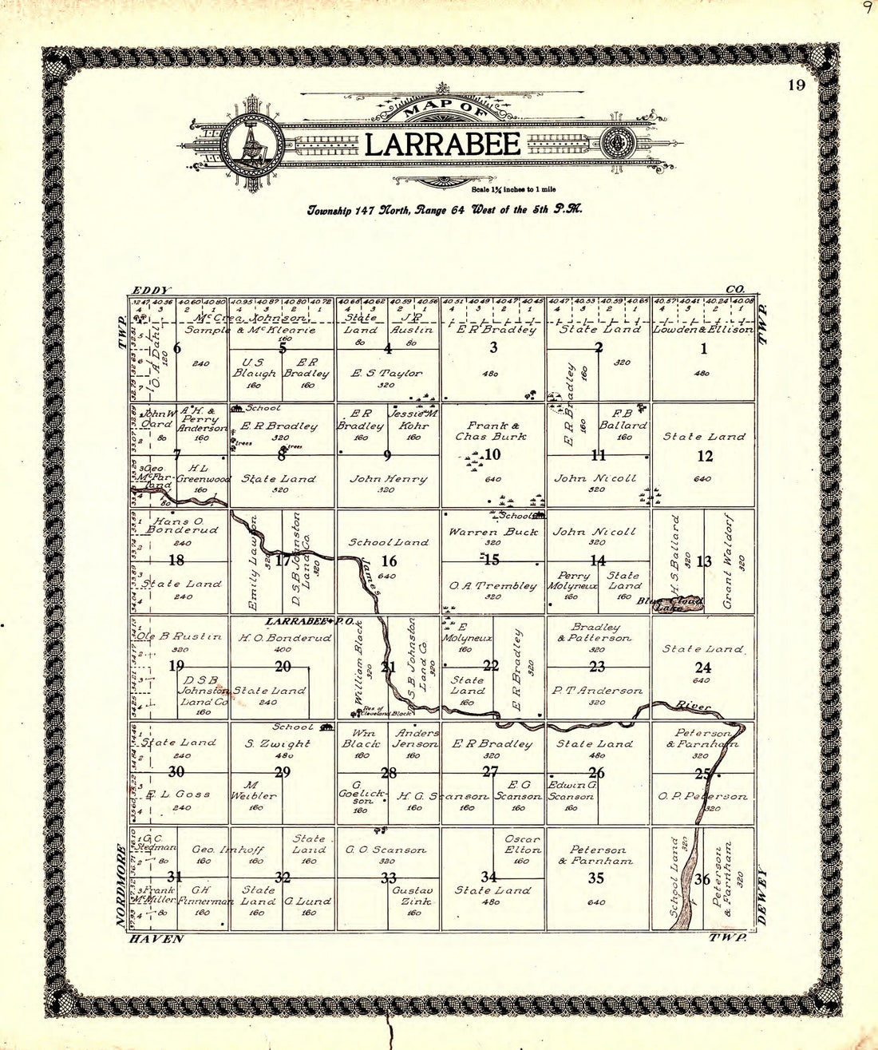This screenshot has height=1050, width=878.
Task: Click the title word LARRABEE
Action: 443,145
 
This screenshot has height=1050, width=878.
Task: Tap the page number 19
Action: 795,85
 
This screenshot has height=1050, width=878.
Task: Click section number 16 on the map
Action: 389,561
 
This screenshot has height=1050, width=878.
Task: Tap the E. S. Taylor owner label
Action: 389,373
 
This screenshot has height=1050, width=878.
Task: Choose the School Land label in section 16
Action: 388,542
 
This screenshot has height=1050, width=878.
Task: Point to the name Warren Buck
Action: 485,531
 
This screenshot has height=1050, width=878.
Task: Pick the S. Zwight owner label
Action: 278,743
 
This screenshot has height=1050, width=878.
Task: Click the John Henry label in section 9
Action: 389,478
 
